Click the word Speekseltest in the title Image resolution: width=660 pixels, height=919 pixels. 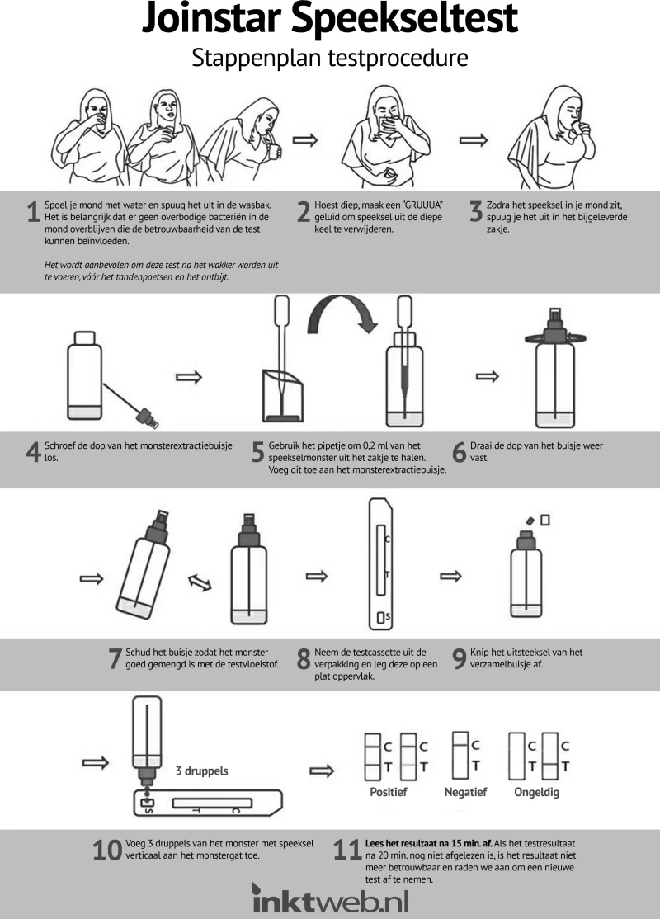(x=404, y=19)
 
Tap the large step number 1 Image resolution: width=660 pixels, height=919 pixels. (x=33, y=211)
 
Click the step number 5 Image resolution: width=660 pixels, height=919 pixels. (x=258, y=452)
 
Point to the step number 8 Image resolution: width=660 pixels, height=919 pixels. (x=304, y=659)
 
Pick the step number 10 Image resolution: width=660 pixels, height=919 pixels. (x=107, y=851)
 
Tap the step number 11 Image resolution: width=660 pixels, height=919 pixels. (x=346, y=850)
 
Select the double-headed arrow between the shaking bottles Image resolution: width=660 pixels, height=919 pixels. (x=200, y=582)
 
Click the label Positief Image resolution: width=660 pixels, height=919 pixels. (x=388, y=792)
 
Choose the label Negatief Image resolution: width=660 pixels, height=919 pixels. (x=465, y=792)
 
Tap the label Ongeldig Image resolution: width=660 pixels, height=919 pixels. (x=536, y=793)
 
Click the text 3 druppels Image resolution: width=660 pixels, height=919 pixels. (x=201, y=771)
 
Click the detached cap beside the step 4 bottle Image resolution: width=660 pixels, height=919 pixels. (x=148, y=417)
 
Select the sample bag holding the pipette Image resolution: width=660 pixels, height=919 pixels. (x=282, y=395)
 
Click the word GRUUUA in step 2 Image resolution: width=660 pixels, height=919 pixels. (x=422, y=205)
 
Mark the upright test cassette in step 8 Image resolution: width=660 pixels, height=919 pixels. (x=380, y=563)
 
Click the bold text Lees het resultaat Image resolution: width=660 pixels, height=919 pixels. (x=400, y=843)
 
